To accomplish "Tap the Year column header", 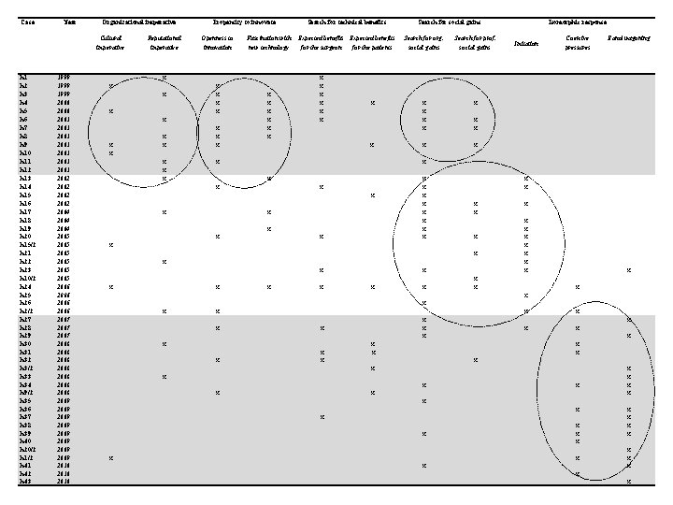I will click(x=68, y=21).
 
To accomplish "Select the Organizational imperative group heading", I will click(x=139, y=21).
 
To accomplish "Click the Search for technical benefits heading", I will click(x=347, y=21).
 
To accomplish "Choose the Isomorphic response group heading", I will click(x=577, y=21).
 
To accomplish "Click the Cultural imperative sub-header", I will click(x=111, y=42).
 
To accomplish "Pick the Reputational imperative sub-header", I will click(x=165, y=42).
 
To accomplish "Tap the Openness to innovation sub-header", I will click(x=218, y=42).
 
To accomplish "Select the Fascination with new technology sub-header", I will click(x=269, y=42).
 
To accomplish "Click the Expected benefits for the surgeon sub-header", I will click(x=322, y=42).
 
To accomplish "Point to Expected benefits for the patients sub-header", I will click(x=373, y=42).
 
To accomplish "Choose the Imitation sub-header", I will click(x=526, y=43).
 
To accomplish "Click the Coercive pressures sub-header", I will click(x=578, y=42).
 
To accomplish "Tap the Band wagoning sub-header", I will click(x=628, y=37).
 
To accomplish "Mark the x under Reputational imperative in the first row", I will click(x=165, y=78).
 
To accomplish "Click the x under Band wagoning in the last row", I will click(x=629, y=482).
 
